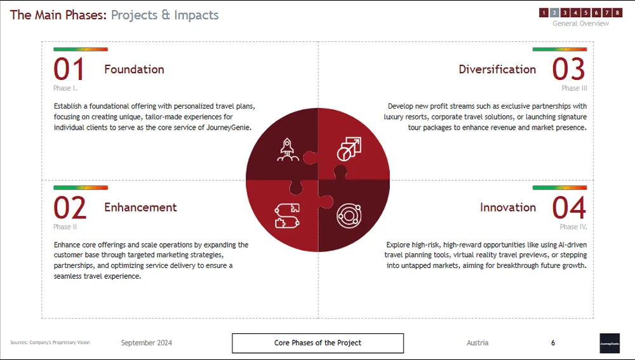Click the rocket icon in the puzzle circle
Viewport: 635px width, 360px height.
pyautogui.click(x=288, y=150)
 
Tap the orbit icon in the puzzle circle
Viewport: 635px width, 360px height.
pyautogui.click(x=349, y=215)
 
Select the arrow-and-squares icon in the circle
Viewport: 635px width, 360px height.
pyautogui.click(x=349, y=149)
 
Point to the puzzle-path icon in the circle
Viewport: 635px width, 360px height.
pyautogui.click(x=287, y=216)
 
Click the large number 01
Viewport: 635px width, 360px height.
pyautogui.click(x=69, y=69)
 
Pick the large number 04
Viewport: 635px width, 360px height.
pyautogui.click(x=569, y=208)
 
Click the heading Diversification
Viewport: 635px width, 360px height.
pyautogui.click(x=497, y=69)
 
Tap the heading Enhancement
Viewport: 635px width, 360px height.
pyautogui.click(x=140, y=208)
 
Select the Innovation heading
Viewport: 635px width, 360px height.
pyautogui.click(x=508, y=208)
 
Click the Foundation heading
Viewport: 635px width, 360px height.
pyautogui.click(x=134, y=69)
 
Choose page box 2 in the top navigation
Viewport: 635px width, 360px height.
pyautogui.click(x=554, y=13)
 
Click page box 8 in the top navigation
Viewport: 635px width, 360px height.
pyautogui.click(x=617, y=13)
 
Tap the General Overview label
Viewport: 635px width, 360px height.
pyautogui.click(x=580, y=23)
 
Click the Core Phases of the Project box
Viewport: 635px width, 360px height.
pyautogui.click(x=318, y=343)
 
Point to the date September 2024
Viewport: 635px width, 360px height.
pyautogui.click(x=147, y=343)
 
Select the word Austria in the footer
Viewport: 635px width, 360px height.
pyautogui.click(x=478, y=343)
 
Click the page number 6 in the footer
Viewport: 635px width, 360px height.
pyautogui.click(x=553, y=343)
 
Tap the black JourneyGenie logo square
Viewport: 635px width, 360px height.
pyautogui.click(x=610, y=343)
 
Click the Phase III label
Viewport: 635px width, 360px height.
pyautogui.click(x=574, y=88)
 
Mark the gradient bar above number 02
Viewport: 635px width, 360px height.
pyautogui.click(x=81, y=187)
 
